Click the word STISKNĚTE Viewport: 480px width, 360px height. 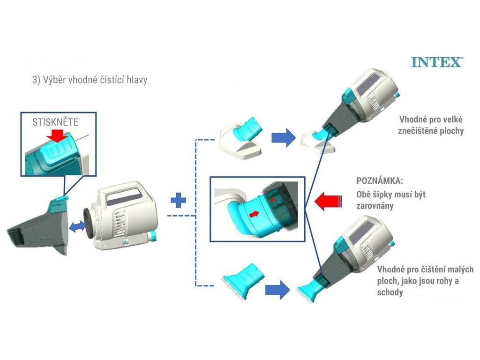click(x=54, y=123)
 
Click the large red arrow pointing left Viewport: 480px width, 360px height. click(x=328, y=202)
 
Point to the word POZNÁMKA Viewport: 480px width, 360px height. click(x=379, y=181)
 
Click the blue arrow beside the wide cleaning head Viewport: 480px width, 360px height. click(x=283, y=137)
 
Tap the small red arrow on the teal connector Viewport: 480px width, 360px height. click(x=255, y=213)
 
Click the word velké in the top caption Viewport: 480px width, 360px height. click(x=449, y=119)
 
